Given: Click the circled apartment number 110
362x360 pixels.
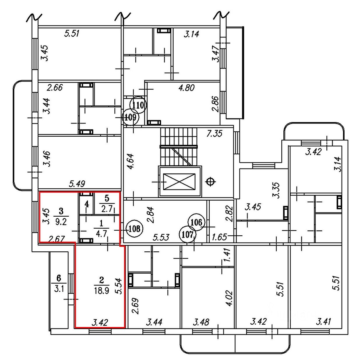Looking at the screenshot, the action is click(x=138, y=105).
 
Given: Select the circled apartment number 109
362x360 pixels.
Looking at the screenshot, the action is click(x=130, y=118).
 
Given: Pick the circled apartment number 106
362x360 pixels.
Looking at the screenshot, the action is click(x=196, y=223).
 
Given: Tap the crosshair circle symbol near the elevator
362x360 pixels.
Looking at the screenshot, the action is click(x=211, y=182).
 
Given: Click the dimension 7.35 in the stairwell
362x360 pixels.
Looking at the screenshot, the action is click(x=214, y=133).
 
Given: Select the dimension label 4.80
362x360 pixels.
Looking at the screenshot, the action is click(x=187, y=88).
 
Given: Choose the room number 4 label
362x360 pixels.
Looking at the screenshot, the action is click(x=86, y=204).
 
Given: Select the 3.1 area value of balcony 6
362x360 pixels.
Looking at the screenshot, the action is click(x=59, y=289).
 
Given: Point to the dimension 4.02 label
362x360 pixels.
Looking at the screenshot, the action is click(x=230, y=299).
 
